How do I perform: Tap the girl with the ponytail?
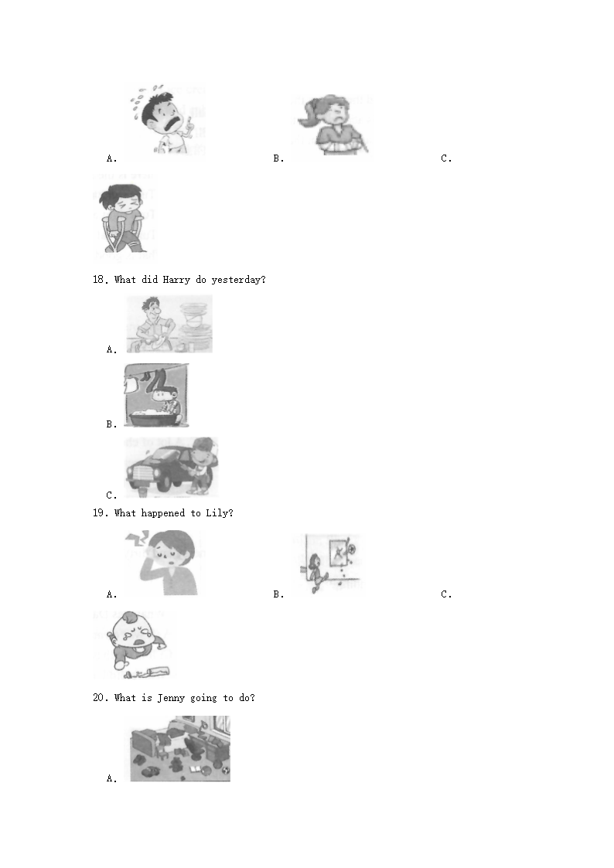point(333,125)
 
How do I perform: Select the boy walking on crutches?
point(124,220)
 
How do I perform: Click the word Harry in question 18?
point(176,280)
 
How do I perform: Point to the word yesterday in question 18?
point(237,280)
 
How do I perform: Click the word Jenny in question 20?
point(171,698)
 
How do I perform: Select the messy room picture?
point(180,748)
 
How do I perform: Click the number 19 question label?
point(100,513)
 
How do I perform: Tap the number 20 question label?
point(100,698)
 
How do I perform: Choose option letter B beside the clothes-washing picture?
point(111,424)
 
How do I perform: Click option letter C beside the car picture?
point(111,495)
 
